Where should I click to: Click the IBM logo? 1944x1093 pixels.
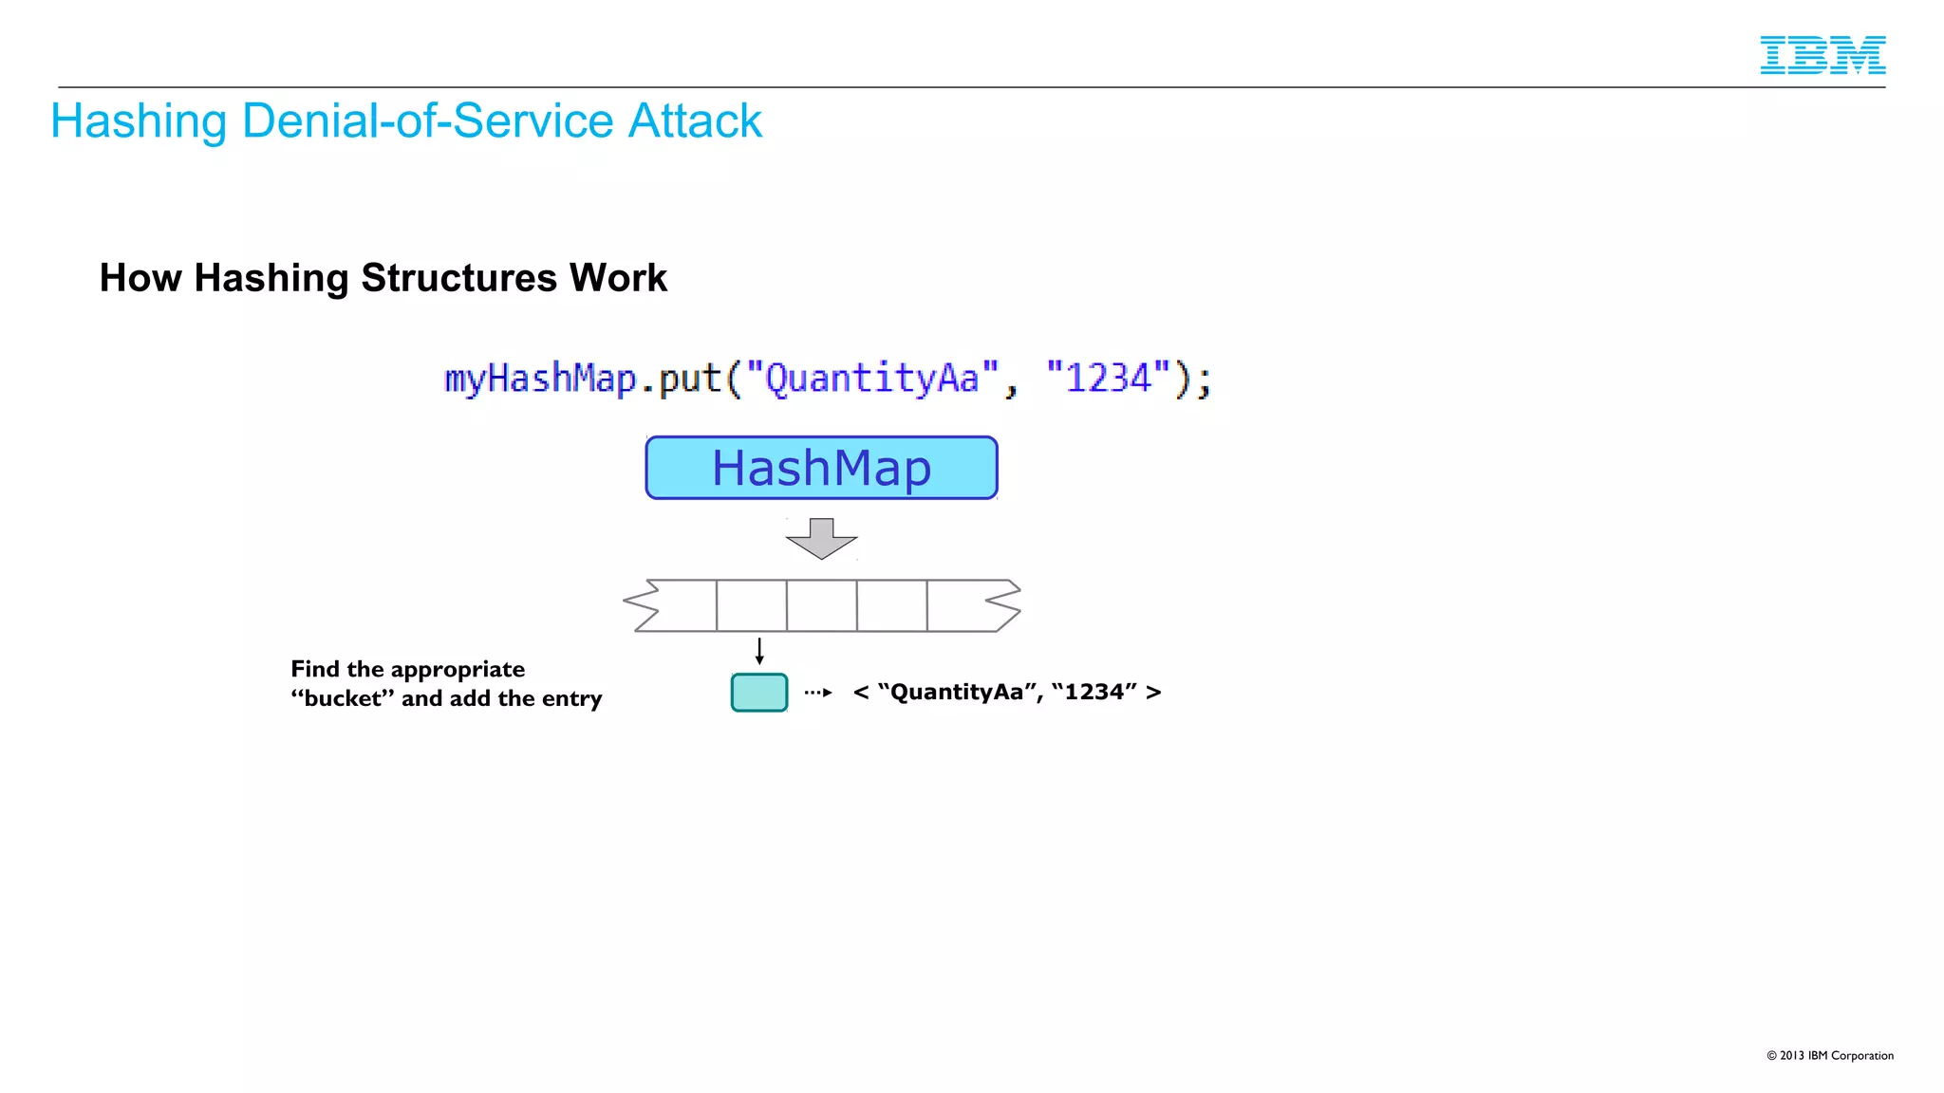click(x=1822, y=55)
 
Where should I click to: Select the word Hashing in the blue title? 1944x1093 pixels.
click(x=139, y=121)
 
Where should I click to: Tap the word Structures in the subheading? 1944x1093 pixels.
click(x=458, y=278)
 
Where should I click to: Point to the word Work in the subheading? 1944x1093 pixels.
click(x=618, y=278)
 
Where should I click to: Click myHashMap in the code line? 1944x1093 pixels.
click(x=540, y=379)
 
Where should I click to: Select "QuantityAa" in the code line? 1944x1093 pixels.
click(x=872, y=379)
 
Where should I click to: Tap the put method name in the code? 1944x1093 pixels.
click(x=690, y=379)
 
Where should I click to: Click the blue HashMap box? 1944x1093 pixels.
click(x=821, y=468)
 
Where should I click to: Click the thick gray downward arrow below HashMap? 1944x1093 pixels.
click(x=821, y=538)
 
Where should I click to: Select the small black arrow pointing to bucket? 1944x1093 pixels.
click(x=759, y=651)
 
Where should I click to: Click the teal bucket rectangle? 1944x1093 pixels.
click(x=759, y=693)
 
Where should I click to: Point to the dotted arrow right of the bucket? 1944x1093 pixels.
click(x=817, y=693)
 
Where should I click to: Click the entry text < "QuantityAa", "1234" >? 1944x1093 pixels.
click(x=1006, y=693)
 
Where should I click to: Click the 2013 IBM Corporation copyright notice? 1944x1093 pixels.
click(x=1829, y=1055)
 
